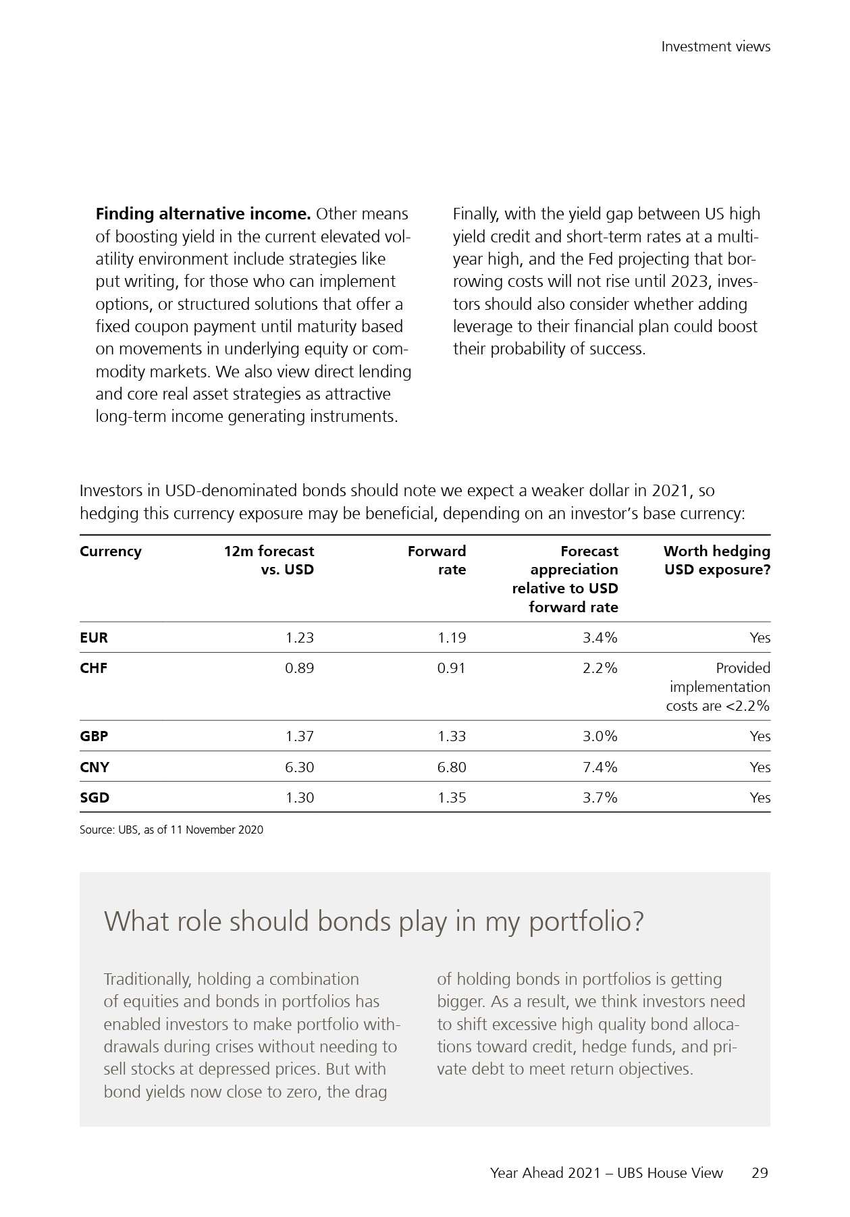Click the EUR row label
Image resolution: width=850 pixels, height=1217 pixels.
coord(94,638)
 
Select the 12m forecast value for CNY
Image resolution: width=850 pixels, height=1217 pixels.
coord(299,767)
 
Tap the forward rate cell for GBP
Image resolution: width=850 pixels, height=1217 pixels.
coord(451,736)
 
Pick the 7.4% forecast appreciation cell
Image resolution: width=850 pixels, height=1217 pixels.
coord(600,767)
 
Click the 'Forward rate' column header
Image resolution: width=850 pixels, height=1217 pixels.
coord(437,560)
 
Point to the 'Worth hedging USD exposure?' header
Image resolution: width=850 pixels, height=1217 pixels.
coord(716,560)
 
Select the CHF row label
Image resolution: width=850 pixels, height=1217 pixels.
coord(94,668)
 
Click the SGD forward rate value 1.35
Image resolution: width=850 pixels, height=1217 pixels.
coord(451,798)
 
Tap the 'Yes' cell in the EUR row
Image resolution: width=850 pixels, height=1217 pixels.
coord(760,638)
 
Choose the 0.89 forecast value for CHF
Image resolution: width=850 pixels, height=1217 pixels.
coord(299,668)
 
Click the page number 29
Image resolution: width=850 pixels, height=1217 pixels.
coord(760,1173)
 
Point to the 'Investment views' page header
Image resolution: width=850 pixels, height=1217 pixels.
coord(716,47)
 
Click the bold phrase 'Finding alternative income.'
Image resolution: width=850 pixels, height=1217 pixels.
coord(203,214)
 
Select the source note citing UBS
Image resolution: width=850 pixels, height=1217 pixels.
coord(171,830)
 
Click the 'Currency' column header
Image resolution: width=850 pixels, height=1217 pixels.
coord(111,551)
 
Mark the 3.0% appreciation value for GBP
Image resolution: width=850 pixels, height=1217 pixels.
coord(600,736)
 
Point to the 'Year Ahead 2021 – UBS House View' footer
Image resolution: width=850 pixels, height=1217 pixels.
coord(606,1173)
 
